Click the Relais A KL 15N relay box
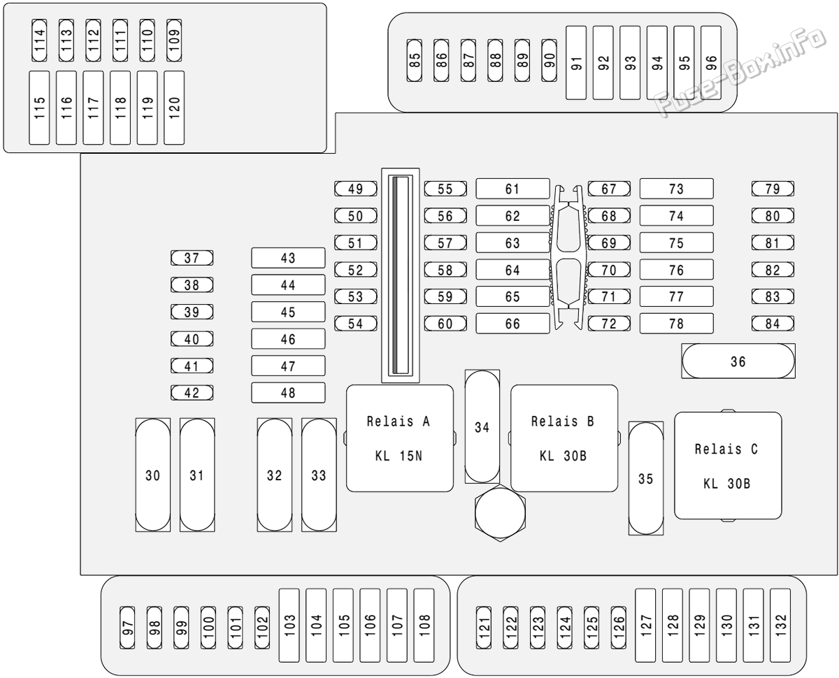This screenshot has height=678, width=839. (399, 438)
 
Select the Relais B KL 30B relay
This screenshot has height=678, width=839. (564, 438)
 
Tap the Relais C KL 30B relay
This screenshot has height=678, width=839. (728, 466)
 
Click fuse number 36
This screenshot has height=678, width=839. (738, 361)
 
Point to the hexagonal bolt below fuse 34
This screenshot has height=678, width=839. (500, 512)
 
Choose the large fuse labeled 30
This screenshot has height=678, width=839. (153, 475)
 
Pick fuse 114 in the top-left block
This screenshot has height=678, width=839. (39, 40)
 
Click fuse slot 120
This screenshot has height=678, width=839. (174, 108)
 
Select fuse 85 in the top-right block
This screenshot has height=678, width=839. (414, 60)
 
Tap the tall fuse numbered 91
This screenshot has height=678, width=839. (576, 63)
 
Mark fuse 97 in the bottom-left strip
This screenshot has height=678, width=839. (127, 628)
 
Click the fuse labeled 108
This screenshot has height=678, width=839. (424, 626)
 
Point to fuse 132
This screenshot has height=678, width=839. (780, 626)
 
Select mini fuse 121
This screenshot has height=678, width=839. (484, 628)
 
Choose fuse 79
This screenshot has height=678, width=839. (773, 189)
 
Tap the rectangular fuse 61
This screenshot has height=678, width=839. (512, 189)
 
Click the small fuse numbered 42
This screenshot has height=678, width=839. (192, 393)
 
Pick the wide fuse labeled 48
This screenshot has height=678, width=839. (288, 393)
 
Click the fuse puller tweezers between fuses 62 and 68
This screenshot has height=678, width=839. (568, 257)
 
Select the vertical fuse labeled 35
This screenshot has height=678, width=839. (646, 478)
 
